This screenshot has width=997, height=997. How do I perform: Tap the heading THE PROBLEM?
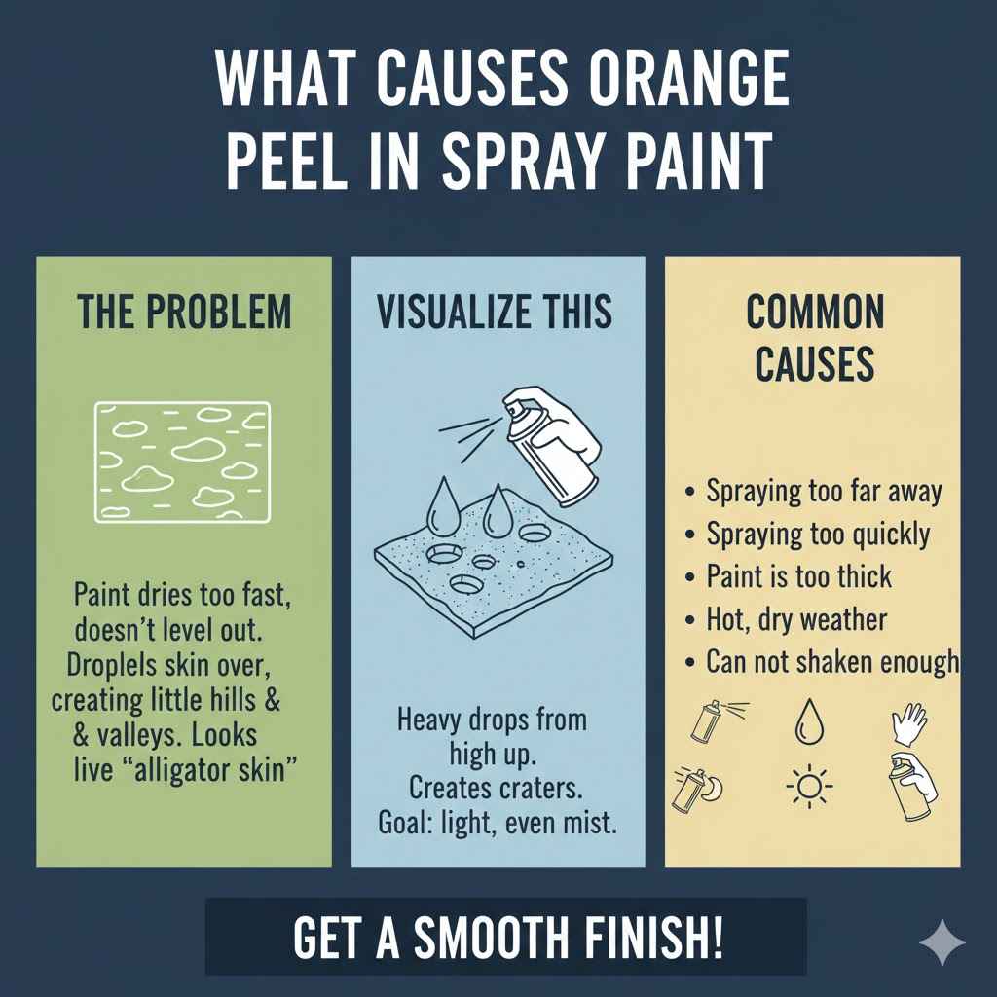click(x=184, y=313)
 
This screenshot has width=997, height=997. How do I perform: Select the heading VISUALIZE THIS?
click(x=495, y=313)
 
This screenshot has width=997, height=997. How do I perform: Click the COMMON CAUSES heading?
click(x=814, y=339)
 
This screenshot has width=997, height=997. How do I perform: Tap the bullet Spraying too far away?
click(x=824, y=492)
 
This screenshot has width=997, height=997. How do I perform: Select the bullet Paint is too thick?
click(x=798, y=576)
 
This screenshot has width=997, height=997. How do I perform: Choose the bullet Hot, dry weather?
click(x=796, y=619)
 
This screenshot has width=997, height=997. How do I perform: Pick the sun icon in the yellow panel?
click(x=806, y=786)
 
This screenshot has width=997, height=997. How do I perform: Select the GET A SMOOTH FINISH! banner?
click(x=507, y=937)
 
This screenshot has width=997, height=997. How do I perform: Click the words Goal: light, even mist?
click(x=497, y=823)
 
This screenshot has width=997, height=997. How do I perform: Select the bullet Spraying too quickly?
click(x=818, y=535)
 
